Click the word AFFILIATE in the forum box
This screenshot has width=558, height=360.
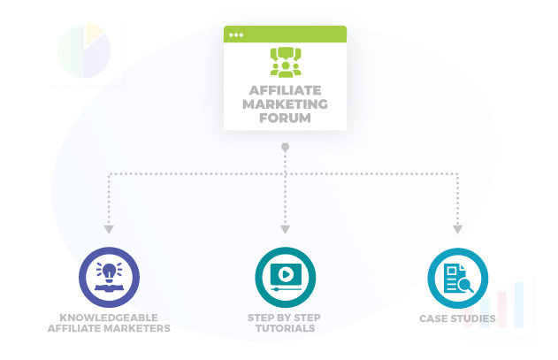pos(284,90)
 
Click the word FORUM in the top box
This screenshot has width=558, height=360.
pos(284,117)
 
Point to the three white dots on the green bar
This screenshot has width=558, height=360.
pos(236,34)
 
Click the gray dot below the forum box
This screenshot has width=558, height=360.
pos(285,146)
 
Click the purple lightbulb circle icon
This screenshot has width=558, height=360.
pos(109,277)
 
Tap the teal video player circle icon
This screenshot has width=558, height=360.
pos(285,277)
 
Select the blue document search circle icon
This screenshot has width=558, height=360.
pos(457,277)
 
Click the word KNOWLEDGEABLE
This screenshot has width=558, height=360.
pos(109,318)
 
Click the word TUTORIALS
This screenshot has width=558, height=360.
pos(285,329)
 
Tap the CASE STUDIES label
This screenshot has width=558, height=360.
pos(457,318)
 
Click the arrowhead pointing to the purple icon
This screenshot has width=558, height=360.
pos(109,229)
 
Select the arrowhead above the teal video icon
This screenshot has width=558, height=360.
pos(285,229)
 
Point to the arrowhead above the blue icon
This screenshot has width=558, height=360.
pos(457,229)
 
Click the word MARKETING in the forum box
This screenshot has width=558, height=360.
pos(284,103)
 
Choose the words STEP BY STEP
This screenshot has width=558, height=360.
pos(285,318)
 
